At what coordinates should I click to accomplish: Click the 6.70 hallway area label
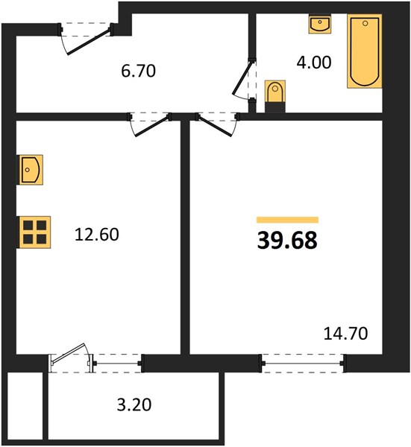click(x=139, y=71)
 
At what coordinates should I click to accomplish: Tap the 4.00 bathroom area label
click(x=314, y=63)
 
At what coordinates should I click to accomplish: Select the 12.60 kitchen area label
click(x=97, y=235)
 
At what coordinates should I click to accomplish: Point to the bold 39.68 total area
click(x=287, y=241)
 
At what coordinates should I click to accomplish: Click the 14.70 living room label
click(x=345, y=333)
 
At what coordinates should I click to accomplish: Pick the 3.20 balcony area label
click(x=134, y=405)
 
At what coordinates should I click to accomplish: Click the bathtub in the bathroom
click(x=365, y=51)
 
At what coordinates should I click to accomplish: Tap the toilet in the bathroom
click(x=275, y=96)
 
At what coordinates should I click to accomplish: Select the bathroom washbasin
click(x=320, y=24)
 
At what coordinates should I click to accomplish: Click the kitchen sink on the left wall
click(x=30, y=170)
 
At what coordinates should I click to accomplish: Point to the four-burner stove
click(x=34, y=232)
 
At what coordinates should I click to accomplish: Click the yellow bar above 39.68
click(x=287, y=220)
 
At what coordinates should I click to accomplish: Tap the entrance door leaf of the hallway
click(x=88, y=42)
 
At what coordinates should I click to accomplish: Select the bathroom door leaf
click(x=242, y=77)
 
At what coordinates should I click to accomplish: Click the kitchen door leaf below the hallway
click(x=151, y=126)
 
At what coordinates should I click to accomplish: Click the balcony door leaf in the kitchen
click(x=69, y=353)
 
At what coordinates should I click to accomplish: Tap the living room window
click(x=303, y=364)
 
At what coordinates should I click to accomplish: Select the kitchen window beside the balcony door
click(x=117, y=364)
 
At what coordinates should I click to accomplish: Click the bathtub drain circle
click(x=365, y=23)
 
